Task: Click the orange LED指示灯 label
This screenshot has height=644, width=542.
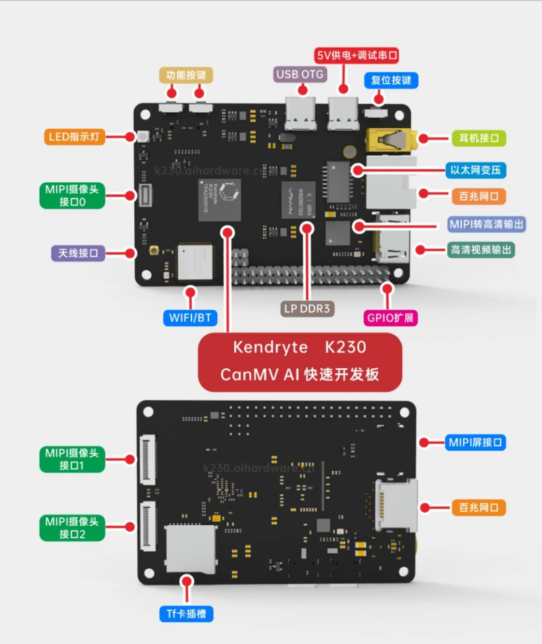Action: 74,137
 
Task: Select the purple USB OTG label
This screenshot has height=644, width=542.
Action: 300,74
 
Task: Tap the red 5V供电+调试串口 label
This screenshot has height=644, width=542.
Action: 357,56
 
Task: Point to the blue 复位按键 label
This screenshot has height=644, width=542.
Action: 391,80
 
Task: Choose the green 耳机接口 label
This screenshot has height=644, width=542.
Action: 479,138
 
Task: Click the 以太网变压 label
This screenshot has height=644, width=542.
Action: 476,170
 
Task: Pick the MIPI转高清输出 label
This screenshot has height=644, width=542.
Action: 486,224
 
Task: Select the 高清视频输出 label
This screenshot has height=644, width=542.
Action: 481,250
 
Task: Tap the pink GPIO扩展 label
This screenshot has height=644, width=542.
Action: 390,318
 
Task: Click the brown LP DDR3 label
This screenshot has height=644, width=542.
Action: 307,309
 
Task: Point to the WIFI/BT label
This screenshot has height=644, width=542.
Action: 190,318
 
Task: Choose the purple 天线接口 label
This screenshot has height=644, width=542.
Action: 78,253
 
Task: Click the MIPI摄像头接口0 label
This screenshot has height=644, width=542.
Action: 72,195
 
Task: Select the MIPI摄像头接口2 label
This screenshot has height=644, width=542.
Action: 72,528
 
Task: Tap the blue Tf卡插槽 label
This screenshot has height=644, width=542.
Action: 186,614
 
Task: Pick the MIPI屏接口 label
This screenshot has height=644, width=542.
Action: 475,442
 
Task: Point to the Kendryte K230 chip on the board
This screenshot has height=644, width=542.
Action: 220,199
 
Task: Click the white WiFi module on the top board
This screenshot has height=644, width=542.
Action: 195,262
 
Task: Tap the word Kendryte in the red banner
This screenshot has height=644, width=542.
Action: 270,347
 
